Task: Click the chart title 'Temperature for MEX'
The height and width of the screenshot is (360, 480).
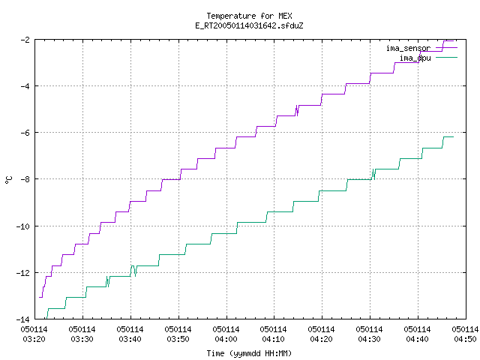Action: coord(249,16)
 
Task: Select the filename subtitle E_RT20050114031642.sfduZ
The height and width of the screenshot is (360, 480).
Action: coord(249,25)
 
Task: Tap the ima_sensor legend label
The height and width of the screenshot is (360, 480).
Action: coord(408,48)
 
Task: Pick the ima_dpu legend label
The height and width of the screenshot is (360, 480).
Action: coord(415,58)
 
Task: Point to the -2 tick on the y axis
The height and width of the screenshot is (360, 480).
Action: coord(25,40)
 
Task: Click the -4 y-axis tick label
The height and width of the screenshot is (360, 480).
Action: coord(25,86)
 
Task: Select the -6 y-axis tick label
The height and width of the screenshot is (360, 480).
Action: coord(25,133)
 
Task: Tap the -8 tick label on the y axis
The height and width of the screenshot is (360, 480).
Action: coord(25,179)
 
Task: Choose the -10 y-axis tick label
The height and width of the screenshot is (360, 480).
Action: coord(23,226)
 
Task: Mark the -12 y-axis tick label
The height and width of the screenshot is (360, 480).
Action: coord(23,273)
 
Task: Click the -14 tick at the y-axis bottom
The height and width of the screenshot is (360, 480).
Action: coord(23,319)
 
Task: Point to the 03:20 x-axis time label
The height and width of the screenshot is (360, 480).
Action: coord(34,339)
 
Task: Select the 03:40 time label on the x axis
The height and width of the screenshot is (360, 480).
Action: coord(130,339)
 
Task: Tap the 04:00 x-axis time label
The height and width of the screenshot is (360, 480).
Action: coord(226,339)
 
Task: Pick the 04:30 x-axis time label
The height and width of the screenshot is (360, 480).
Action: coord(369,339)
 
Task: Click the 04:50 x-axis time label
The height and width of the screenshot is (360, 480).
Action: coord(465,339)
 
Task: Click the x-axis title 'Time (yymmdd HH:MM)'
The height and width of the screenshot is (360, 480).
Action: coord(249,353)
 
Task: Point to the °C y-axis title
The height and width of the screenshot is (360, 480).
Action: coord(8,180)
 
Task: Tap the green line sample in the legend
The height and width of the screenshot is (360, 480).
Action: coord(447,57)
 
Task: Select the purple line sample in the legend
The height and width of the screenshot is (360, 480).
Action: coord(447,48)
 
